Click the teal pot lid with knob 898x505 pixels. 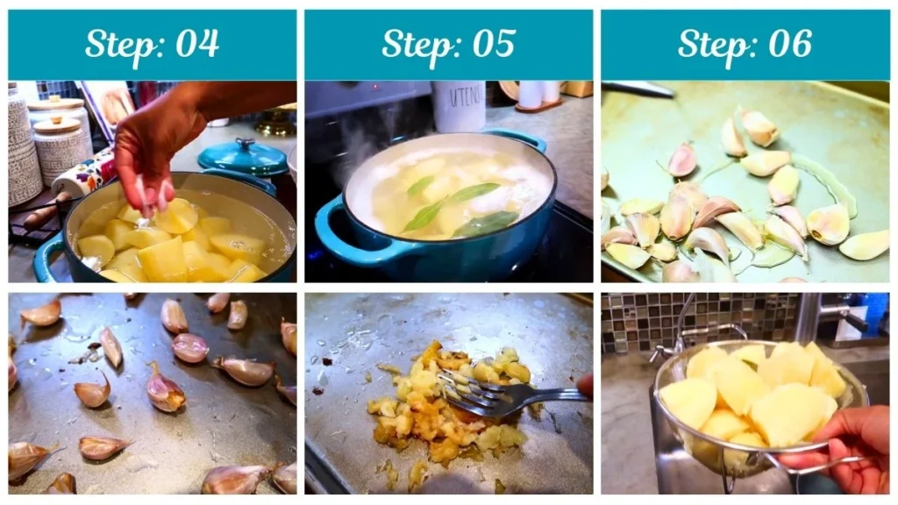[x=243, y=158]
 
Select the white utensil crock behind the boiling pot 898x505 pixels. [x=458, y=105]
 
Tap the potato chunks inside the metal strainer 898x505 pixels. [x=754, y=395]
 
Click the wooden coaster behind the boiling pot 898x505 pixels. [x=537, y=106]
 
